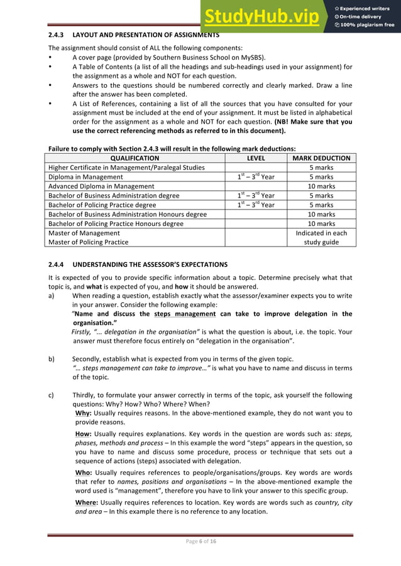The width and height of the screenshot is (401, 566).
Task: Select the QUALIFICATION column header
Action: (x=135, y=159)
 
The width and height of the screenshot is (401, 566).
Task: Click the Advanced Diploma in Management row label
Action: (x=101, y=186)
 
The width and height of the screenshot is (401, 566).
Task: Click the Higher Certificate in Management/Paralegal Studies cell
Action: (x=126, y=168)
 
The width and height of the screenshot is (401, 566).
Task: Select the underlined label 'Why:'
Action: (x=83, y=413)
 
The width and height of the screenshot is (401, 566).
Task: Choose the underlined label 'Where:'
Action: (x=86, y=502)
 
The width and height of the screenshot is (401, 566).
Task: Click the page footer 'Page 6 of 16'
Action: (x=200, y=542)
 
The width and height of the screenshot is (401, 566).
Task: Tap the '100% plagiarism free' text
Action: (x=365, y=25)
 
